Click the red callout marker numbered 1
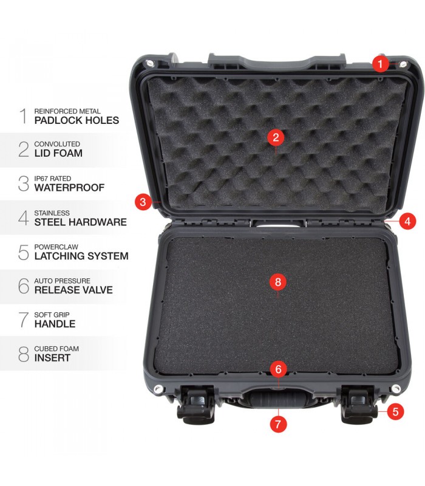[381, 64]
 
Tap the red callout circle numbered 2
[276, 137]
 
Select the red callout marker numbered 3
[143, 202]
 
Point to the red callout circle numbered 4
[407, 221]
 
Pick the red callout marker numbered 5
[395, 412]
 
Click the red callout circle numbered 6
[278, 369]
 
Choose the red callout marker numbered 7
[278, 423]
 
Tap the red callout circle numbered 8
[278, 282]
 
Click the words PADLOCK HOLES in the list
[76, 120]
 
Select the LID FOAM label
[58, 153]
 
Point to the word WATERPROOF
[69, 188]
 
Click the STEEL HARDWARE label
[81, 222]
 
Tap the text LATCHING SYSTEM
[81, 256]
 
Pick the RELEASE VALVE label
[73, 290]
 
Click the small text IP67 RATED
[53, 179]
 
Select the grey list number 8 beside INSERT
[24, 354]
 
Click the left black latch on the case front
[196, 405]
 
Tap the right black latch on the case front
[359, 405]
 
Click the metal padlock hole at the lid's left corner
[150, 64]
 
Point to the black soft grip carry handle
[278, 399]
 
